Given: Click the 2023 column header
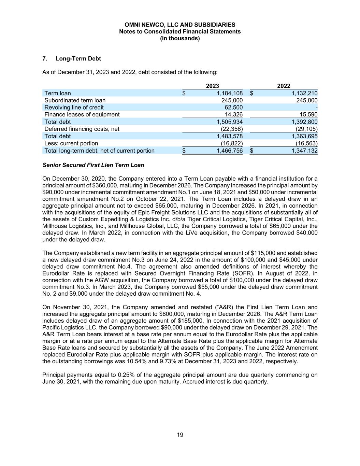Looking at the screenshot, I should pyautogui.click(x=213, y=86).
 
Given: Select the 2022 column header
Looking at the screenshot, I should pyautogui.click(x=284, y=86).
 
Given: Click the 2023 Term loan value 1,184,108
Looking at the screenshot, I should pyautogui.click(x=230, y=93).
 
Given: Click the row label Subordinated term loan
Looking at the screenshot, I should pyautogui.click(x=75, y=100).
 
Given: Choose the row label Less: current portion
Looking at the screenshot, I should pyautogui.click(x=71, y=143).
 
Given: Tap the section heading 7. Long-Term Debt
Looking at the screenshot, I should pyautogui.click(x=72, y=59).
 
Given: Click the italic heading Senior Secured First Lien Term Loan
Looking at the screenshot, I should pyautogui.click(x=93, y=165).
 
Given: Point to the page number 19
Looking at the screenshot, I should pyautogui.click(x=180, y=435).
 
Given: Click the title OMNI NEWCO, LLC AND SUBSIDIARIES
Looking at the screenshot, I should pyautogui.click(x=180, y=25).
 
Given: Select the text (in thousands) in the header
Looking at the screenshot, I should pyautogui.click(x=180, y=39).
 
